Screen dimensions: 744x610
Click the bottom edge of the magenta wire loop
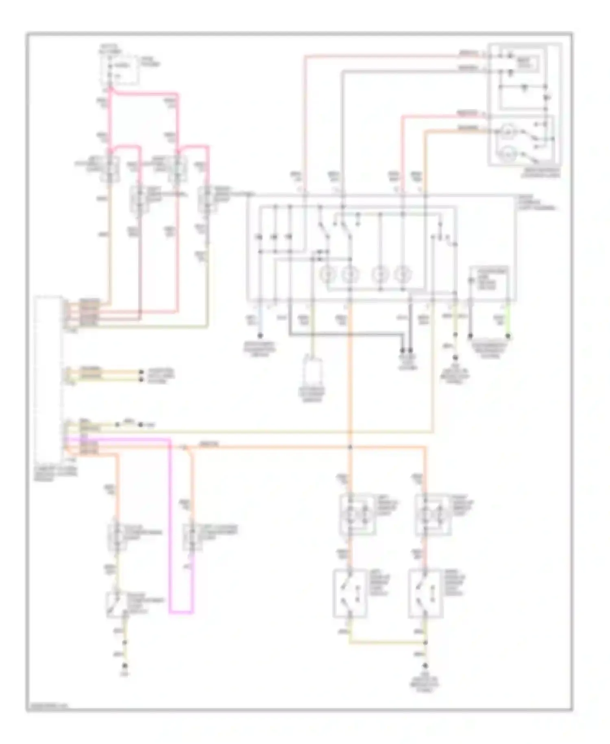pyautogui.click(x=181, y=612)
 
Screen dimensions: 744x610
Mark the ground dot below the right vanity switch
pyautogui.click(x=425, y=665)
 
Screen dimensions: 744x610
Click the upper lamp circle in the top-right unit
pyautogui.click(x=507, y=131)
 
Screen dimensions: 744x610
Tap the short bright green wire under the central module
pyautogui.click(x=508, y=322)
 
